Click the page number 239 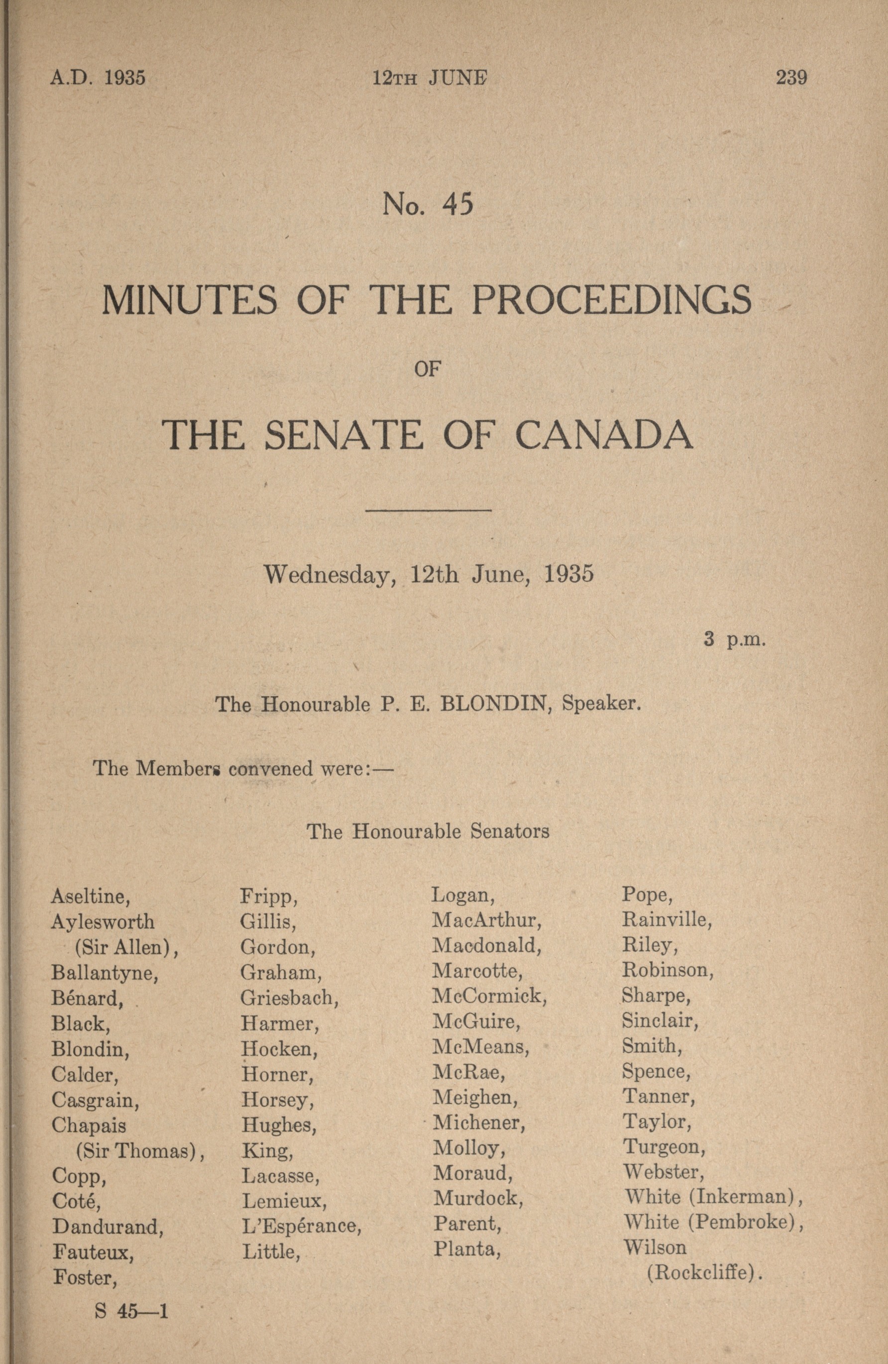791,77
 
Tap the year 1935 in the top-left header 124,77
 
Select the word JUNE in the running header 458,77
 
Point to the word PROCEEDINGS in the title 611,300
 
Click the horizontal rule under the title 428,509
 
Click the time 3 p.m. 735,639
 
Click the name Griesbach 289,998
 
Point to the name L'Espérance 301,1226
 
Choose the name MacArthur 487,920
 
